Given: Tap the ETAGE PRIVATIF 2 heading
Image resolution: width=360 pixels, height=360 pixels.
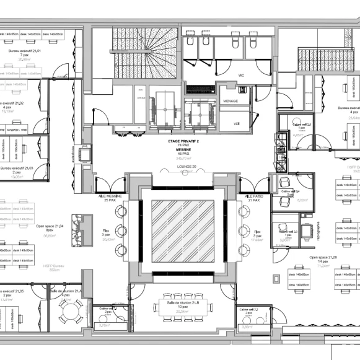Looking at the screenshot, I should pos(183,141).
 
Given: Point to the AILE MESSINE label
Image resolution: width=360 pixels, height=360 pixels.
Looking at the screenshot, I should pos(110,196).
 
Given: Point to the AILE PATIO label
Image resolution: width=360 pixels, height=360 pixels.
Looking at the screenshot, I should pos(251,196).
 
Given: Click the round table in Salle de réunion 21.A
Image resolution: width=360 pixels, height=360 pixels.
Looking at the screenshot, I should pos(73,310).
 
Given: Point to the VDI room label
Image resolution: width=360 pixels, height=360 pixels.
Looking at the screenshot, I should pos(236,124).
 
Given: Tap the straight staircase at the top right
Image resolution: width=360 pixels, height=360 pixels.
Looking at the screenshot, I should pos(317,59).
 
